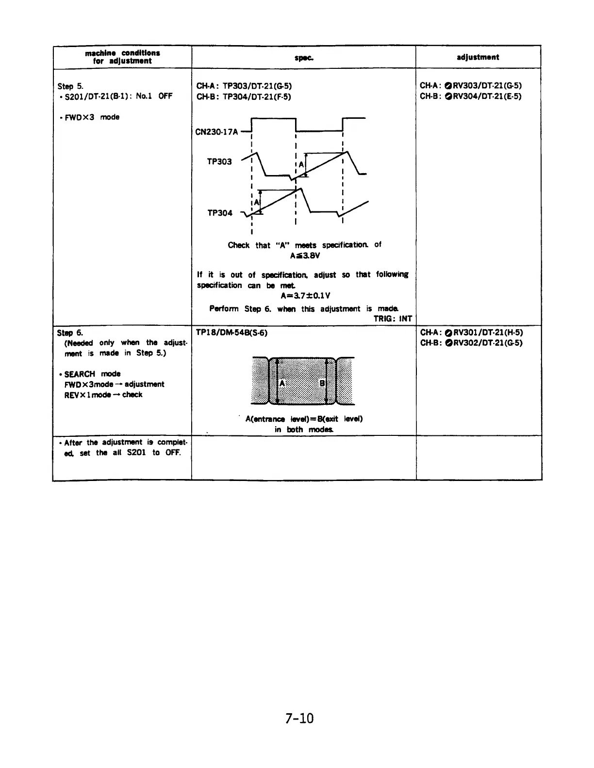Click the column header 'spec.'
[303, 57]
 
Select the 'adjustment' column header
[478, 57]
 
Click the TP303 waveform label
[219, 161]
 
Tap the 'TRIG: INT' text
[393, 319]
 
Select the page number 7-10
[299, 718]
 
